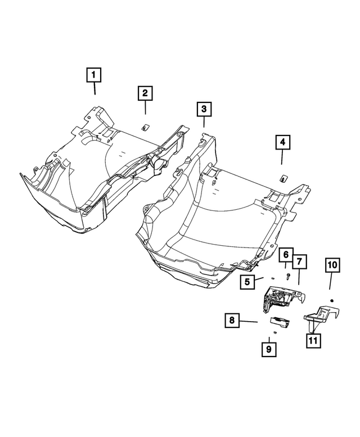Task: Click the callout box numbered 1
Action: pyautogui.click(x=94, y=74)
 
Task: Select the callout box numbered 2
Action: pyautogui.click(x=145, y=93)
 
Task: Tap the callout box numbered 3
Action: pyautogui.click(x=204, y=109)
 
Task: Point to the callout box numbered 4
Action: pyautogui.click(x=282, y=143)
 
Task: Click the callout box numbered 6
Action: pyautogui.click(x=286, y=256)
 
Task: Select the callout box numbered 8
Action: pyautogui.click(x=231, y=321)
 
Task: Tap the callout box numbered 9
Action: pyautogui.click(x=269, y=350)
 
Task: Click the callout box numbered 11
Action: pyautogui.click(x=312, y=340)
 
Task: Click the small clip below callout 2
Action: pyautogui.click(x=144, y=126)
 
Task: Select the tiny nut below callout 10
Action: pyautogui.click(x=332, y=299)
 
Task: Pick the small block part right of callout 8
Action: pyautogui.click(x=279, y=321)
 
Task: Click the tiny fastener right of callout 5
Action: pyautogui.click(x=271, y=277)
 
